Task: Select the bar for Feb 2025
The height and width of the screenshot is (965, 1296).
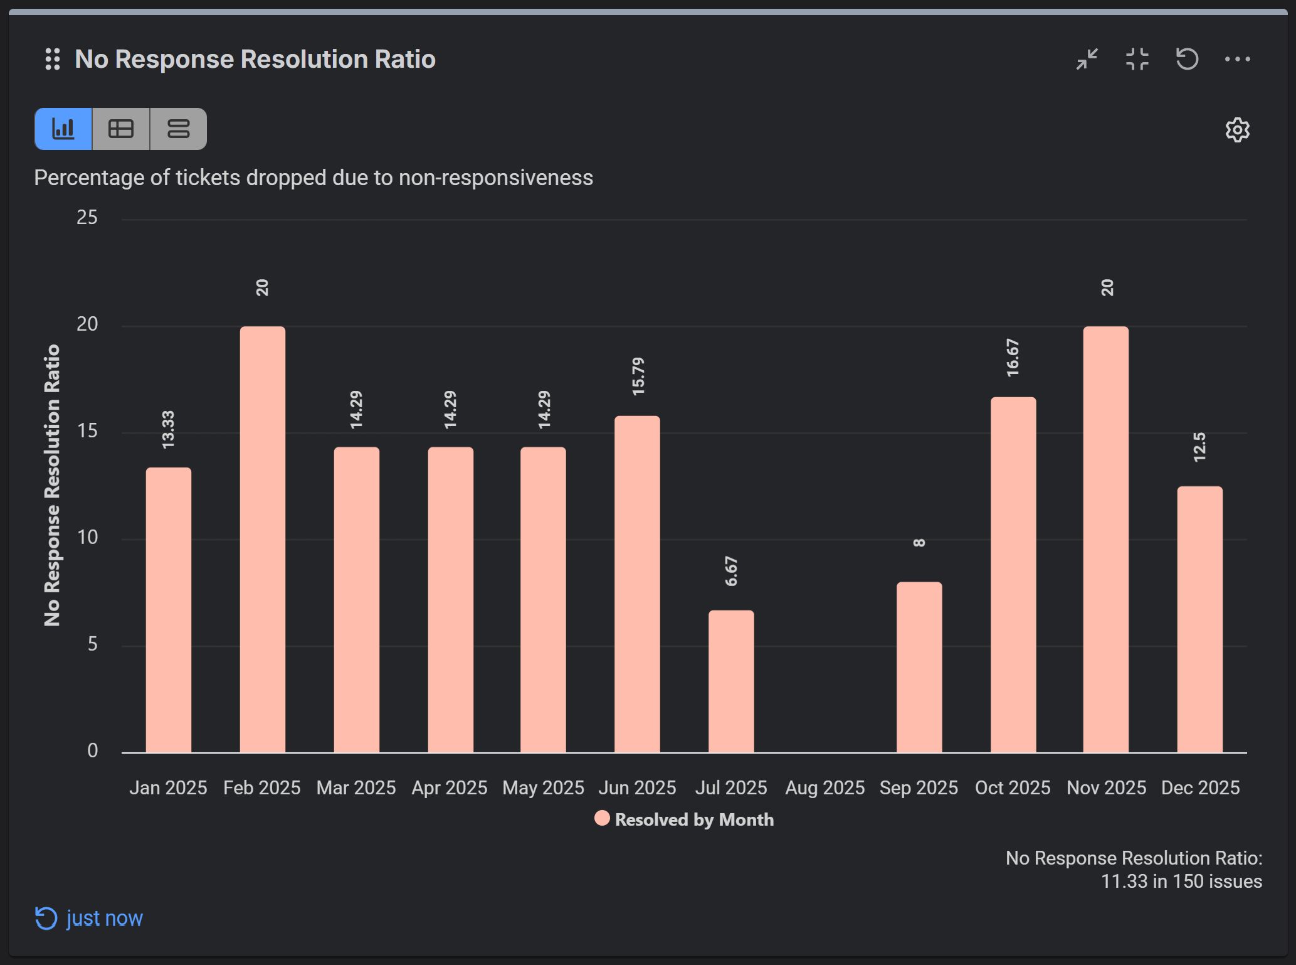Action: [262, 540]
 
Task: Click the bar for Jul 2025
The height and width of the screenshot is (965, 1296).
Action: [731, 681]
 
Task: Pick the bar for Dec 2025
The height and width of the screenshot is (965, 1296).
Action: [1199, 619]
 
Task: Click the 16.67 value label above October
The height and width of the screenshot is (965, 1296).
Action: [1013, 358]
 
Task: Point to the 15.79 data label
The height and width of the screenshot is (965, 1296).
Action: [638, 376]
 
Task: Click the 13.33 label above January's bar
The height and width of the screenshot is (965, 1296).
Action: [168, 430]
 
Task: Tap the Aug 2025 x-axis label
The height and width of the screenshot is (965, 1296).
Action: [824, 787]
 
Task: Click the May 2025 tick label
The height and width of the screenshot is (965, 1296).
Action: [543, 787]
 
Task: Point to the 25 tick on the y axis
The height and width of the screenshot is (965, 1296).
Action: [87, 218]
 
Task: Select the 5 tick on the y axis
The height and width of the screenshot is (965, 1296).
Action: [92, 644]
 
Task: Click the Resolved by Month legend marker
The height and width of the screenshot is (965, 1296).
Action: [602, 818]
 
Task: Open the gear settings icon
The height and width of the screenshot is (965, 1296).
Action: [1237, 130]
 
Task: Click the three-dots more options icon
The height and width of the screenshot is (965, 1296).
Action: [1237, 60]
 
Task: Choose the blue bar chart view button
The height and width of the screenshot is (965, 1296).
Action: [63, 129]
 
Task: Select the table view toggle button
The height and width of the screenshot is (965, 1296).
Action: [121, 129]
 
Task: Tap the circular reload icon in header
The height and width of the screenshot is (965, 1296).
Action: [1187, 60]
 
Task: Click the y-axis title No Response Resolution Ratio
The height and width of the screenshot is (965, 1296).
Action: [52, 485]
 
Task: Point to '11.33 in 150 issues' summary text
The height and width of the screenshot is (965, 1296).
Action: [1181, 881]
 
